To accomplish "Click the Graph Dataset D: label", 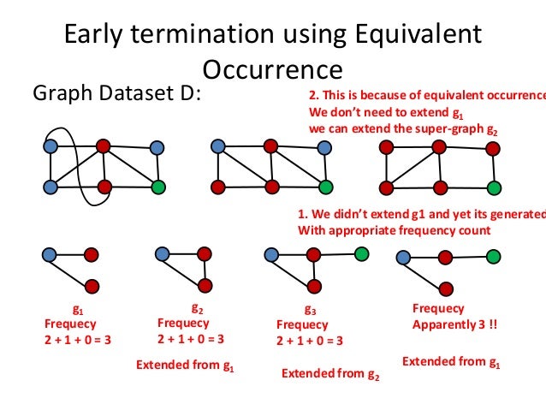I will click(x=117, y=93).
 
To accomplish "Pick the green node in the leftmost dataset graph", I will click(x=157, y=186).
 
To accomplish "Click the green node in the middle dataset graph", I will click(x=325, y=186).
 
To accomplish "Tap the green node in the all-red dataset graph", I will click(x=493, y=186).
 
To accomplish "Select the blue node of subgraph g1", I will click(x=49, y=253).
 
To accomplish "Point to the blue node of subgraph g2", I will click(x=162, y=253).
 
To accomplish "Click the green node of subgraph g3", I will click(x=361, y=253).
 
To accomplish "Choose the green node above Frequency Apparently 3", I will click(x=493, y=255).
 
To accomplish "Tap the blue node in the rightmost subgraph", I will click(x=401, y=256).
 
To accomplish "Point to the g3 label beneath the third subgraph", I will click(x=310, y=312).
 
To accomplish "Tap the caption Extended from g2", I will click(x=330, y=374).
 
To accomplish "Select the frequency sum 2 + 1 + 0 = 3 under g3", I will click(x=310, y=340).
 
